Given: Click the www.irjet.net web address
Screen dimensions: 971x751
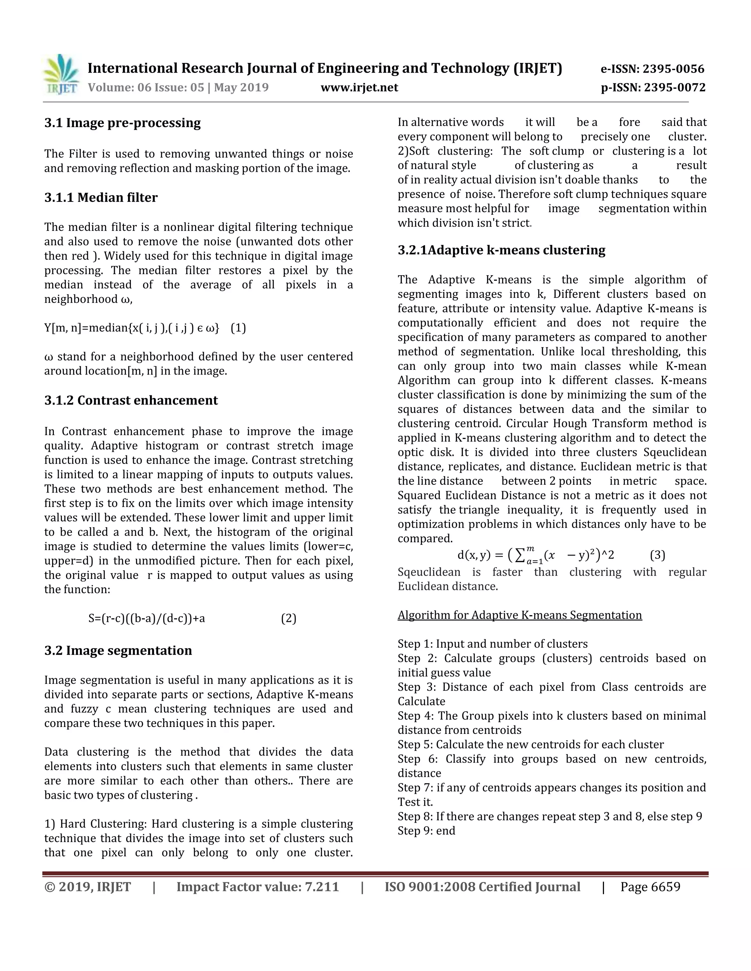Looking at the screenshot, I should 359,88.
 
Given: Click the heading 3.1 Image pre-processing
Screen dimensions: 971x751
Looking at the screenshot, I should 122,123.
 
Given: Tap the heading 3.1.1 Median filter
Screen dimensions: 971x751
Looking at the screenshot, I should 101,197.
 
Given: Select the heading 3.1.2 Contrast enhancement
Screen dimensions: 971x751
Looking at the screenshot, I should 131,400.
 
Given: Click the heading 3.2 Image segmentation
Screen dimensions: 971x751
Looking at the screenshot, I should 118,650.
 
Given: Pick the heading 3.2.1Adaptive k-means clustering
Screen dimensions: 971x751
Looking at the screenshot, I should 501,250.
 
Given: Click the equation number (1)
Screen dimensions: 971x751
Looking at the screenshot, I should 238,328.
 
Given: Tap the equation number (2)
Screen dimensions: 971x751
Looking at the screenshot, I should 289,619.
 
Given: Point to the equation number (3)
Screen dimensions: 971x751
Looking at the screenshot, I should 657,555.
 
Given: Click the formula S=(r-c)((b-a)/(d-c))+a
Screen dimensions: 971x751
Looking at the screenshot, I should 147,619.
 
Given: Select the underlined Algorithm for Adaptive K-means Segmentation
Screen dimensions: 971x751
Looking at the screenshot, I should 520,615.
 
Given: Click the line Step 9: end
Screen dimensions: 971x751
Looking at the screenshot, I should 426,831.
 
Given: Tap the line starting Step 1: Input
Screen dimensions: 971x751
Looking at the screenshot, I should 492,644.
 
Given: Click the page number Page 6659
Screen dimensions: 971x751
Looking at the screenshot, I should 650,887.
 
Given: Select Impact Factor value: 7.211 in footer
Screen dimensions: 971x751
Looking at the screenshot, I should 257,887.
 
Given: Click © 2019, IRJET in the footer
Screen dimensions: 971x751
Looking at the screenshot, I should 88,887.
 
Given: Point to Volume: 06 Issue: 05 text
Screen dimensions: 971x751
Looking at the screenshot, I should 146,88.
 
